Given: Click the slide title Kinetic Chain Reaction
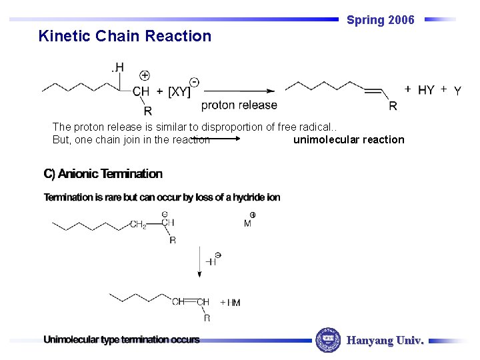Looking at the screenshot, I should click(x=125, y=36).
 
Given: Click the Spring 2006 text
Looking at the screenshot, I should click(x=381, y=20).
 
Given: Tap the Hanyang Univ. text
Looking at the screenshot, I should click(x=385, y=341).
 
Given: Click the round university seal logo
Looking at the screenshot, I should click(x=327, y=340).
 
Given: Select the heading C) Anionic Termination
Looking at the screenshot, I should click(x=103, y=174).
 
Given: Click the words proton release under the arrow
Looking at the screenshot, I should click(x=239, y=105).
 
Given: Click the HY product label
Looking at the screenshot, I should click(x=426, y=90).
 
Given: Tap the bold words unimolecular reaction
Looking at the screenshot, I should click(x=349, y=139).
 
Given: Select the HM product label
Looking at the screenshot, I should click(x=233, y=303).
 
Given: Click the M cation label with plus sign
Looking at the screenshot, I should click(x=249, y=222).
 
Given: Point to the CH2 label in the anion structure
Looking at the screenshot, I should click(x=138, y=225).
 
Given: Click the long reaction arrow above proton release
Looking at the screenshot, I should click(x=238, y=91).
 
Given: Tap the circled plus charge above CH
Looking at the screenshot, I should click(x=145, y=75).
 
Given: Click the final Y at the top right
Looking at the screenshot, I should click(x=457, y=91).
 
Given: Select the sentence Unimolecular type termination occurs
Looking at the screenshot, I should click(x=121, y=339).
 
